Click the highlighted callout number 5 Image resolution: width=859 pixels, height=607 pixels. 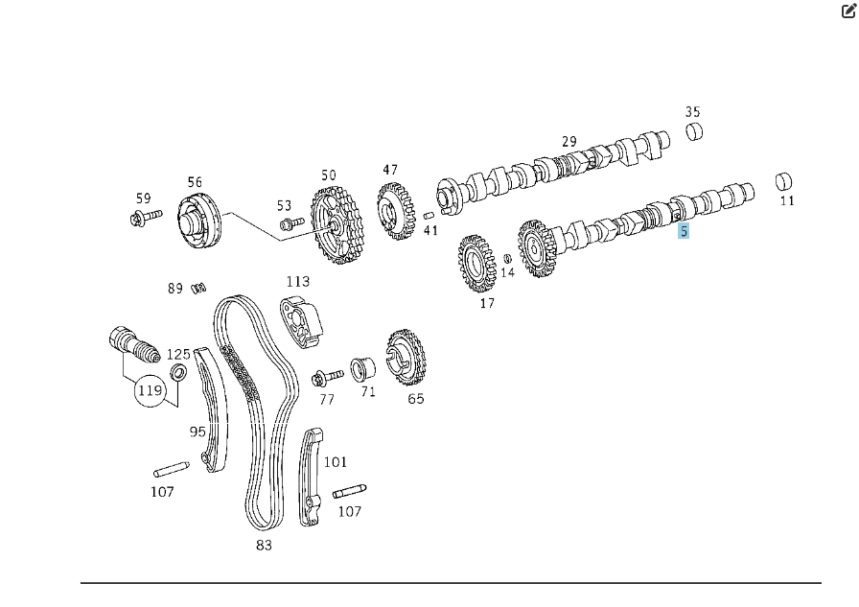[x=684, y=231]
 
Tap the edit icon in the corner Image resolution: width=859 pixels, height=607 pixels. [x=848, y=11]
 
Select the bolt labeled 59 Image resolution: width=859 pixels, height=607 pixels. [x=147, y=217]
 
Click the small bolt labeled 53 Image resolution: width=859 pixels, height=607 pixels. [x=291, y=223]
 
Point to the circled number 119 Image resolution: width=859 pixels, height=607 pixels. [x=151, y=390]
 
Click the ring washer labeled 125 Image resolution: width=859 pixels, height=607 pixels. [x=178, y=373]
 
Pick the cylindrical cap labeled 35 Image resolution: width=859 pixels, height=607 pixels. [x=695, y=131]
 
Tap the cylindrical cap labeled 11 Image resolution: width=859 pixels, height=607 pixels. [x=784, y=182]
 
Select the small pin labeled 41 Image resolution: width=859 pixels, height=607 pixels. [x=429, y=216]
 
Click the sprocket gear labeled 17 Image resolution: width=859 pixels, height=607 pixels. [x=476, y=264]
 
